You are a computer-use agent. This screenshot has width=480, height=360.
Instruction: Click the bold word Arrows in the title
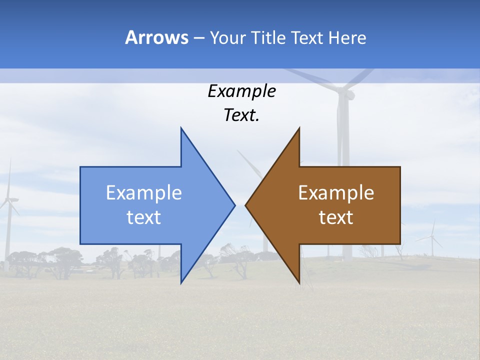156,37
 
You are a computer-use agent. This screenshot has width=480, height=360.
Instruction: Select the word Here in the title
347,37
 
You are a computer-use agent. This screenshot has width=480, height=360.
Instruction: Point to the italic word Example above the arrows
241,91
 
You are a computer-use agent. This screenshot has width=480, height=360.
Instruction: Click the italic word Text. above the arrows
241,115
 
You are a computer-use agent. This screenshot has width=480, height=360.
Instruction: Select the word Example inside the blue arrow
144,193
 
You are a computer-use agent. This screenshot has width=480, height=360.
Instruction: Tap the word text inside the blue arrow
144,217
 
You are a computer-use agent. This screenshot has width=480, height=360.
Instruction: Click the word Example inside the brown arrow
336,193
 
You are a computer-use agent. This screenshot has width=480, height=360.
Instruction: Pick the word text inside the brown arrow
336,217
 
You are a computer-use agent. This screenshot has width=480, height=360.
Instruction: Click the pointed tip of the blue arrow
234,205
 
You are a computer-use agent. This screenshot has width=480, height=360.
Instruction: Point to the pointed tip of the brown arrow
245,205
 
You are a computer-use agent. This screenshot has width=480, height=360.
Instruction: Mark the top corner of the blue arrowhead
181,128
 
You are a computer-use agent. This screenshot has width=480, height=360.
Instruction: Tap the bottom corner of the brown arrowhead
299,283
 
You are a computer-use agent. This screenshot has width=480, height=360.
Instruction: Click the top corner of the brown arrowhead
299,128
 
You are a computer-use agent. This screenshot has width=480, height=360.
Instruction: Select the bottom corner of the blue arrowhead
181,283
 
